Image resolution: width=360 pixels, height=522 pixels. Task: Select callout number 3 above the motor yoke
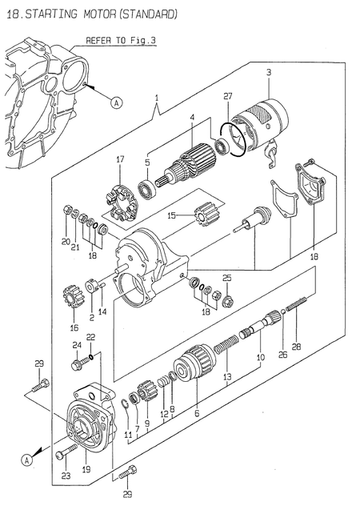click(269, 73)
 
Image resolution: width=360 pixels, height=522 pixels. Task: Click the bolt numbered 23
click(59, 456)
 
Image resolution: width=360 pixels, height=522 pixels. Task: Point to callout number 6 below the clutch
click(197, 413)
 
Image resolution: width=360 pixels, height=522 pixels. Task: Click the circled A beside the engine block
click(116, 102)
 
